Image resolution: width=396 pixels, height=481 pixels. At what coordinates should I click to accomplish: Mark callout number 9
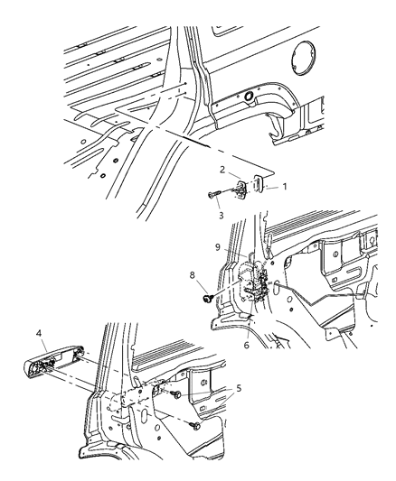click(217, 246)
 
